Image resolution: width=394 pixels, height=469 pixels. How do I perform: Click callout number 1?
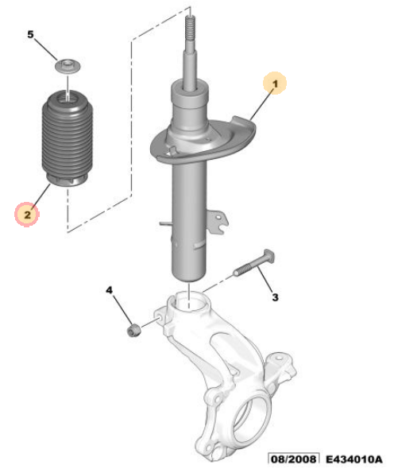[x=275, y=83]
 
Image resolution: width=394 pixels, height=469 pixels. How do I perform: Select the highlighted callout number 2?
[x=27, y=215]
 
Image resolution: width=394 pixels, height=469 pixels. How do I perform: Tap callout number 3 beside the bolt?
[x=275, y=297]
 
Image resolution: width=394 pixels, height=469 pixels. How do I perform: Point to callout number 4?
[x=110, y=290]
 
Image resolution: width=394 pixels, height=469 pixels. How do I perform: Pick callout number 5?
[x=30, y=34]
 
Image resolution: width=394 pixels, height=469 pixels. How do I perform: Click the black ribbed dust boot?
[x=68, y=139]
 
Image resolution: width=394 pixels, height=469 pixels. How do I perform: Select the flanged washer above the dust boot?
[x=68, y=66]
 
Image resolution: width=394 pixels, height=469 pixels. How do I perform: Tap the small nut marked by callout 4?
[x=133, y=330]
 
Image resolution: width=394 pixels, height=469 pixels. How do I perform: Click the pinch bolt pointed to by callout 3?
[x=254, y=264]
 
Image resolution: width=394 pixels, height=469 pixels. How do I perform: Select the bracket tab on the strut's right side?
[x=218, y=221]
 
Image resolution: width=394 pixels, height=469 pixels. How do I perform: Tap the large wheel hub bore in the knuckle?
[x=251, y=417]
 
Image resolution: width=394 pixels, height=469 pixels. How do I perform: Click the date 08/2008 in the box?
[x=293, y=459]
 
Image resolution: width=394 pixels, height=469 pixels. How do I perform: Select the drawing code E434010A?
[x=353, y=459]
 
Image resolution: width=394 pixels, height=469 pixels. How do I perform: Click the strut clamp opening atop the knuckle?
[x=189, y=301]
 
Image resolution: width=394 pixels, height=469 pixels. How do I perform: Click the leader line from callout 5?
[x=47, y=48]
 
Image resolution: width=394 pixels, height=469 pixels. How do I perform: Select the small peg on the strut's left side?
[x=165, y=223]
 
